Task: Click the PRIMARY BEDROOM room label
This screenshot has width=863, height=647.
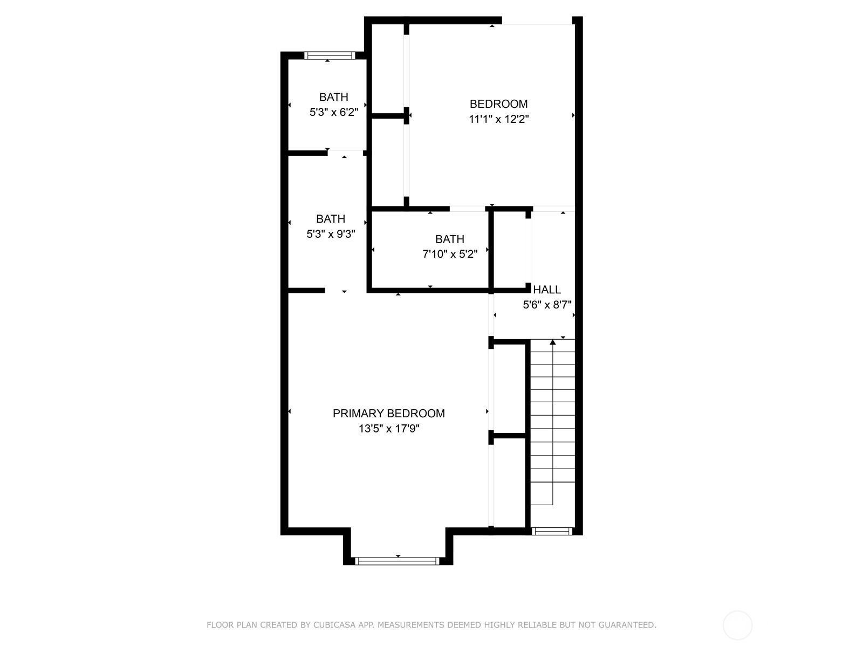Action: pyautogui.click(x=388, y=413)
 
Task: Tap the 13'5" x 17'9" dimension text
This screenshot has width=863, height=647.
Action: pyautogui.click(x=389, y=429)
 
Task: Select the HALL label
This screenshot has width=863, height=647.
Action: pyautogui.click(x=547, y=290)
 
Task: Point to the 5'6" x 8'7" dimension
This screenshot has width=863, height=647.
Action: pyautogui.click(x=547, y=305)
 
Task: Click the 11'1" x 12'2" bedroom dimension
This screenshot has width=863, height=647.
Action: pyautogui.click(x=498, y=119)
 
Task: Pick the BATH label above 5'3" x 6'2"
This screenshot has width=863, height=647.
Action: pyautogui.click(x=333, y=97)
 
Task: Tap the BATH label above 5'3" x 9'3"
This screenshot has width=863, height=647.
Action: pyautogui.click(x=331, y=219)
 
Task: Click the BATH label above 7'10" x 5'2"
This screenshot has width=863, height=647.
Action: pyautogui.click(x=450, y=239)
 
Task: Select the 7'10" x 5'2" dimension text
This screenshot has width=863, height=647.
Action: pyautogui.click(x=450, y=254)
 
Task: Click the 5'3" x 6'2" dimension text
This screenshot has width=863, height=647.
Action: pyautogui.click(x=334, y=112)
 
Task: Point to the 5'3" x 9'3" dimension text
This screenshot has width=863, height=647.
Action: pyautogui.click(x=331, y=234)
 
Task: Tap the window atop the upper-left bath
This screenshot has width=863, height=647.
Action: pyautogui.click(x=330, y=56)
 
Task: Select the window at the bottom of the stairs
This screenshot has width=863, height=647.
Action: pyautogui.click(x=552, y=531)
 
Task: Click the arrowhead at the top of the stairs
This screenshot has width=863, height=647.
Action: pyautogui.click(x=553, y=342)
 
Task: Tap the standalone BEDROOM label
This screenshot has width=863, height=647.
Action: pyautogui.click(x=498, y=104)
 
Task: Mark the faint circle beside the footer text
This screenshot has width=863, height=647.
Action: pyautogui.click(x=737, y=625)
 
